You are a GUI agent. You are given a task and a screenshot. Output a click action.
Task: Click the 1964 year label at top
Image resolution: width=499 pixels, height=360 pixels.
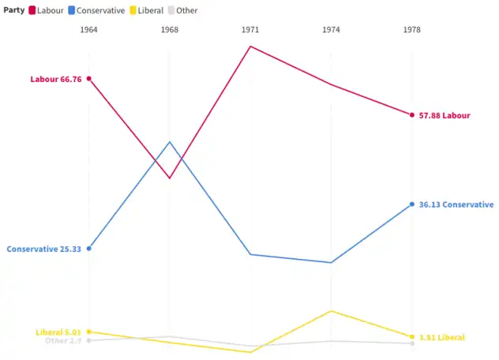tap(89, 30)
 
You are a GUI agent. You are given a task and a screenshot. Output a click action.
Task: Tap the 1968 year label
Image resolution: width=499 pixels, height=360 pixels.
tap(170, 30)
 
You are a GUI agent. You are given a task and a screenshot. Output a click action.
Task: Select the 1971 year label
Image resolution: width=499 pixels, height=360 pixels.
tap(250, 30)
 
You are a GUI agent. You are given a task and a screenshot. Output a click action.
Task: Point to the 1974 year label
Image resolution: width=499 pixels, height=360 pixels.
tap(331, 30)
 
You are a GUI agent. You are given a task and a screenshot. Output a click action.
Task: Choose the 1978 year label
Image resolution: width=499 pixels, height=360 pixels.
tap(411, 30)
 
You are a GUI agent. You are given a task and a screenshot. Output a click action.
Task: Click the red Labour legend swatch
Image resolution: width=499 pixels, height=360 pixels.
tap(33, 10)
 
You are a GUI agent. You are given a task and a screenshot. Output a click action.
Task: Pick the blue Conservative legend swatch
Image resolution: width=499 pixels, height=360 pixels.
tap(72, 10)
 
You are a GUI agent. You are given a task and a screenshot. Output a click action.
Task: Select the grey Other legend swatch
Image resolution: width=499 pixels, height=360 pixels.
tap(171, 10)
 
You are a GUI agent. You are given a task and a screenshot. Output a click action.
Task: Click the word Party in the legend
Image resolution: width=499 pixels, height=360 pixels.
tap(13, 10)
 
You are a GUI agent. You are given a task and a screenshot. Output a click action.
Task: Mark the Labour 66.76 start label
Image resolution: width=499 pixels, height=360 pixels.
tap(56, 79)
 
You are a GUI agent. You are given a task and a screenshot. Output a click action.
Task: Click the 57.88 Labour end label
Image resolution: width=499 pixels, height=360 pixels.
tap(445, 115)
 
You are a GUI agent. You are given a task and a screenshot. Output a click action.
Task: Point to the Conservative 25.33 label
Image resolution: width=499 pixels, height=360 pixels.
tap(44, 249)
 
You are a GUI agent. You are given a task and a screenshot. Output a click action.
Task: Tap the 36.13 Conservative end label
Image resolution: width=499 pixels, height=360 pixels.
tap(456, 204)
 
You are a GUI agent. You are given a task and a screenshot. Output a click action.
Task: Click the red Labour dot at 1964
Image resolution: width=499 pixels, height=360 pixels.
tap(89, 78)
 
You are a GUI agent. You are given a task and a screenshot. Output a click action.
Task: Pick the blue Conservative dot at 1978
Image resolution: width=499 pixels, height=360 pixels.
tap(411, 204)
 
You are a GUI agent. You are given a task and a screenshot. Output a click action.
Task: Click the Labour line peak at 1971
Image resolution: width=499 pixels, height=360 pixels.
tap(250, 46)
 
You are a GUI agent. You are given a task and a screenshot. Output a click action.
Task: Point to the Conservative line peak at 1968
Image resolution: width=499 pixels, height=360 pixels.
tap(170, 142)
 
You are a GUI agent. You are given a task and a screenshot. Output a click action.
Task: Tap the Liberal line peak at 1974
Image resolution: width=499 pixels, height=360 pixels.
tap(331, 311)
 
